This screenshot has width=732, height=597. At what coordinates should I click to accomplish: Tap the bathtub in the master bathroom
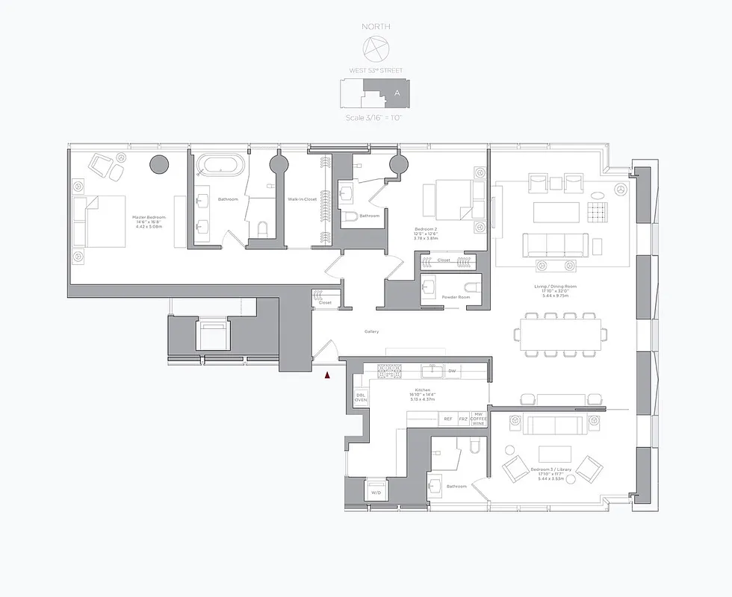220,164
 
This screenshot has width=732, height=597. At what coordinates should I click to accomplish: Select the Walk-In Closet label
303,199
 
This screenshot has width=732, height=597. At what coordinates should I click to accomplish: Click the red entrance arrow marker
327,375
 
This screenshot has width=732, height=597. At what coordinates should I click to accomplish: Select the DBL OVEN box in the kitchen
361,398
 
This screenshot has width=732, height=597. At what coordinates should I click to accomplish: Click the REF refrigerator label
448,419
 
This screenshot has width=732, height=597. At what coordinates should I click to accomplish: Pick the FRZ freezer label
463,419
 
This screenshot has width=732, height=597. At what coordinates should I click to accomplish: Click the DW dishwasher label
452,370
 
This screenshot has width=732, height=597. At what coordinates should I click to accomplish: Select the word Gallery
371,331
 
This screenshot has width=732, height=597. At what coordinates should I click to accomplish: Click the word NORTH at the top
376,27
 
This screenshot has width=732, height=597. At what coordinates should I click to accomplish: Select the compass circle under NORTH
375,49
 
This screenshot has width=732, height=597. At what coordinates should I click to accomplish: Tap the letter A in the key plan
397,93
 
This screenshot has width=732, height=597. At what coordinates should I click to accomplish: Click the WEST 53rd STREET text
376,70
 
